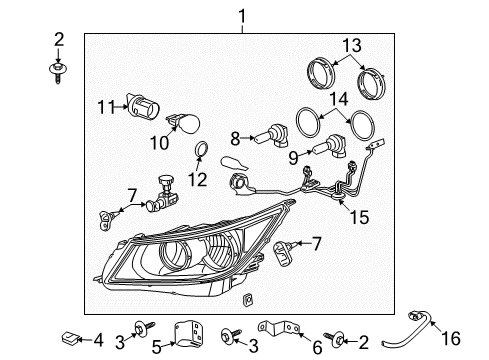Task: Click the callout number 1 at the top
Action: point(240,14)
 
